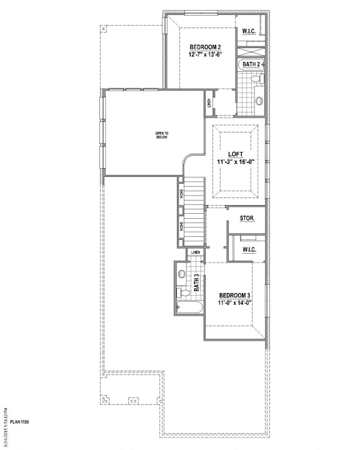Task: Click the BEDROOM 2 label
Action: (x=205, y=47)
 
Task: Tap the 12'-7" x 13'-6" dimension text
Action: (x=205, y=54)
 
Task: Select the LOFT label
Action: (x=236, y=153)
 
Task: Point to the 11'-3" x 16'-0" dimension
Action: (x=236, y=161)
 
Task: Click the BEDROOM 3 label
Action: (x=234, y=295)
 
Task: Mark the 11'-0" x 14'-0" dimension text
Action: (x=234, y=303)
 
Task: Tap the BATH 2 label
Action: (x=252, y=64)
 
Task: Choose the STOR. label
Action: (x=247, y=218)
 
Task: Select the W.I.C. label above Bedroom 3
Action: (x=249, y=250)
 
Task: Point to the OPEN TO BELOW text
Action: (x=162, y=135)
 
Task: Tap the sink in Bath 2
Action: (x=259, y=100)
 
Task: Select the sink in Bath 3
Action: (x=181, y=274)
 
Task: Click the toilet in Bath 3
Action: (x=182, y=292)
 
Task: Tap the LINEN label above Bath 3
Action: (x=196, y=252)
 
